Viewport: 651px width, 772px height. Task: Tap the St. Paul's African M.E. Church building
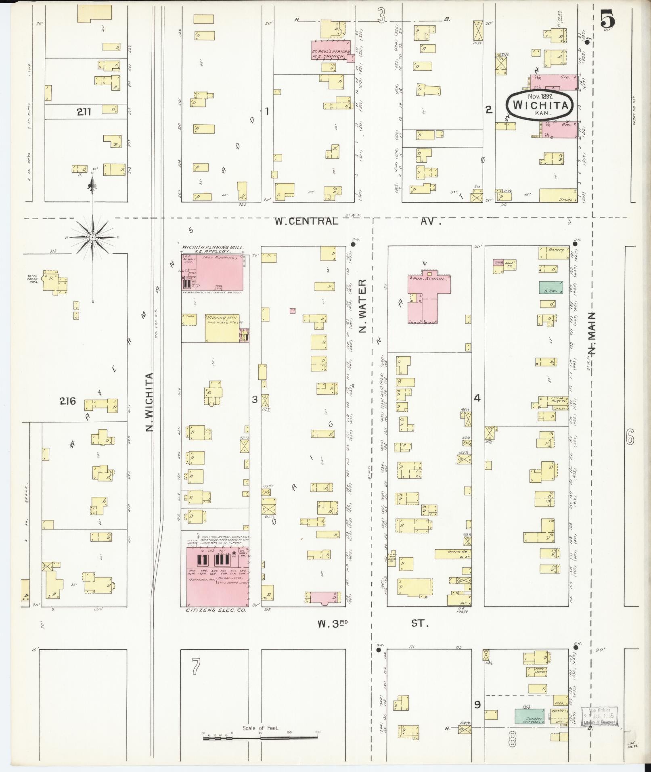click(330, 51)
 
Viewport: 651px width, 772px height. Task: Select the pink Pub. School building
click(428, 299)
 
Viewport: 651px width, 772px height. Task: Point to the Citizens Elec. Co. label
click(216, 622)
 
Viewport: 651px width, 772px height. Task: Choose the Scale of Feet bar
click(260, 737)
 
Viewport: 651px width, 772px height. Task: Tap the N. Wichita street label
click(149, 402)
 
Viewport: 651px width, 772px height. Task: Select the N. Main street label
click(591, 333)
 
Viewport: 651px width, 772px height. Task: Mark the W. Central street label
click(306, 221)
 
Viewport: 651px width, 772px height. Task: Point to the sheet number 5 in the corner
click(607, 19)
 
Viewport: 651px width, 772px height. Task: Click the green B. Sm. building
click(551, 287)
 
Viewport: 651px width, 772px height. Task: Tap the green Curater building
click(529, 716)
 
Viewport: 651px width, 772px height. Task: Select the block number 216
click(67, 401)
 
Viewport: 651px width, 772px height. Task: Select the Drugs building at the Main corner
click(557, 196)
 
